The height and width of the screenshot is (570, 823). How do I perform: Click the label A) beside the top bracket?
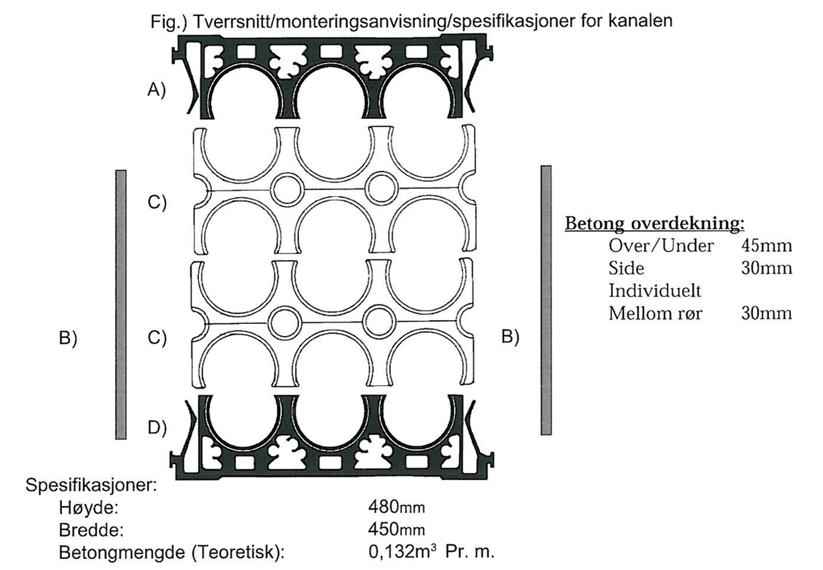(x=157, y=89)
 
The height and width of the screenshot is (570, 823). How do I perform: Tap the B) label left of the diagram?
(x=68, y=338)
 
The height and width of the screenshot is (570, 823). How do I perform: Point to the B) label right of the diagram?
(x=510, y=337)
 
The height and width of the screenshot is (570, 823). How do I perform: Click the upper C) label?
(x=157, y=202)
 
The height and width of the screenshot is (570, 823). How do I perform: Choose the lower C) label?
(x=157, y=338)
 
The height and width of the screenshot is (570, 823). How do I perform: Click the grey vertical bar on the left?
(x=121, y=304)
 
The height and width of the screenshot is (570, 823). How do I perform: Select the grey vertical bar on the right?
(x=546, y=300)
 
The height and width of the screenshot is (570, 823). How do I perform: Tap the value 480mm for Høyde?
(x=397, y=507)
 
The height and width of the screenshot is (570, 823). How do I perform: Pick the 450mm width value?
(x=397, y=529)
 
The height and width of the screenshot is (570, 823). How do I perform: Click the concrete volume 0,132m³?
(x=403, y=551)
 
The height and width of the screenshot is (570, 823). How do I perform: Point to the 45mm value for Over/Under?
(x=766, y=246)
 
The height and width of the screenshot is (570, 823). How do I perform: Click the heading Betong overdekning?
(x=655, y=224)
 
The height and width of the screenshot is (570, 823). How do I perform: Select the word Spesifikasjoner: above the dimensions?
(x=91, y=485)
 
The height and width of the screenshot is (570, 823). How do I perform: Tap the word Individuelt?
(x=655, y=291)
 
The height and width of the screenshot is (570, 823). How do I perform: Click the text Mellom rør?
(x=655, y=314)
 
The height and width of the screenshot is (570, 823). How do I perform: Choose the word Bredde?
(x=91, y=530)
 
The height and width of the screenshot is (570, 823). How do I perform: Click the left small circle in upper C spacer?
(x=288, y=190)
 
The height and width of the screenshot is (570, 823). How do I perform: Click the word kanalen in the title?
(x=640, y=21)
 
